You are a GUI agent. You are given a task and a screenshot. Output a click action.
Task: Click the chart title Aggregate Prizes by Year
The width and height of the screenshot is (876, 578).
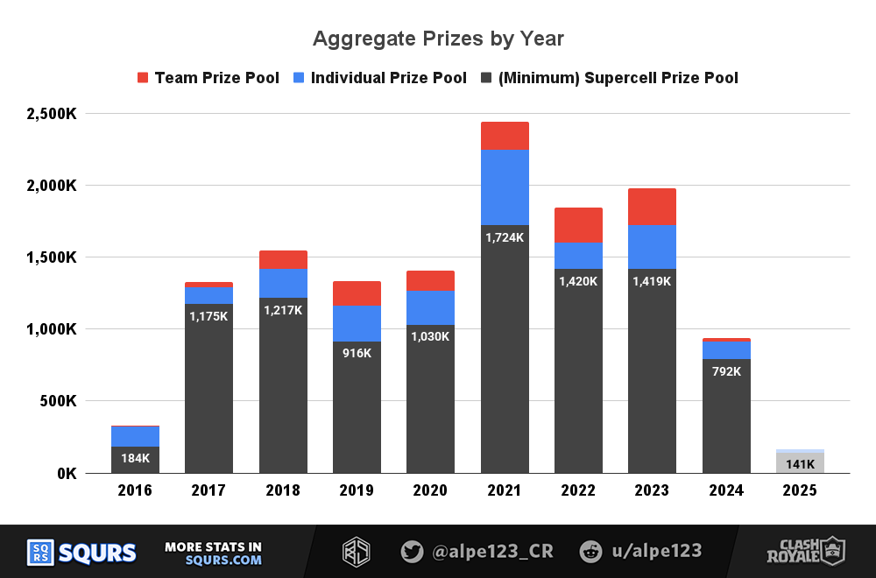click(x=438, y=39)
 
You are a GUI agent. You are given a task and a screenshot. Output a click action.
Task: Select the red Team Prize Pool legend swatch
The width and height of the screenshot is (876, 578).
click(x=144, y=78)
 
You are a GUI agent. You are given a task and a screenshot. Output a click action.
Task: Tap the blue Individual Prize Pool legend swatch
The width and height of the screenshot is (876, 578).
click(x=300, y=78)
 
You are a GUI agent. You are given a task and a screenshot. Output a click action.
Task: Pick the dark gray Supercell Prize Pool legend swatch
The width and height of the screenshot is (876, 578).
click(x=486, y=78)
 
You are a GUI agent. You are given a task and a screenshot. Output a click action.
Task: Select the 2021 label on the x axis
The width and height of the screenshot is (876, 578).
click(x=505, y=490)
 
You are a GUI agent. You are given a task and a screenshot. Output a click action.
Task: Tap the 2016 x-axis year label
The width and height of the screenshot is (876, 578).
click(x=135, y=490)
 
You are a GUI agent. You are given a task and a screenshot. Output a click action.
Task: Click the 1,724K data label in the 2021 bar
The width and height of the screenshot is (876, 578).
click(x=505, y=237)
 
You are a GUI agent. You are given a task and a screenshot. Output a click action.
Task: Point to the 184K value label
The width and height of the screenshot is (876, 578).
click(x=135, y=458)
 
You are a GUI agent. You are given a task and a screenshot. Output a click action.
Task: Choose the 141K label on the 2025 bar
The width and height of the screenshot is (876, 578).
click(x=800, y=464)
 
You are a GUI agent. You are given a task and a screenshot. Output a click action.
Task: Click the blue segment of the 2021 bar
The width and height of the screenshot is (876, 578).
click(x=505, y=187)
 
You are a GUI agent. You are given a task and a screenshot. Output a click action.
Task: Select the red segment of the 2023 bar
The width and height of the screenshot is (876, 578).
click(x=653, y=207)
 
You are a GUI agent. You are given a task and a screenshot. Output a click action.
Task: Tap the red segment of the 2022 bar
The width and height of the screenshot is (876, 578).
click(x=578, y=225)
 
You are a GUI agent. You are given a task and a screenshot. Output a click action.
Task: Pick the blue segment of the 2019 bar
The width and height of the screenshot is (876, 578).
click(x=357, y=323)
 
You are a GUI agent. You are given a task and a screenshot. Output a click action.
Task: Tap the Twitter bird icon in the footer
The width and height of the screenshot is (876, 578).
click(x=412, y=552)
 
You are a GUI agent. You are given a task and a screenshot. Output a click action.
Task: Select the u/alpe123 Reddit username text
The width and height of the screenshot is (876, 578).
click(x=655, y=551)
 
